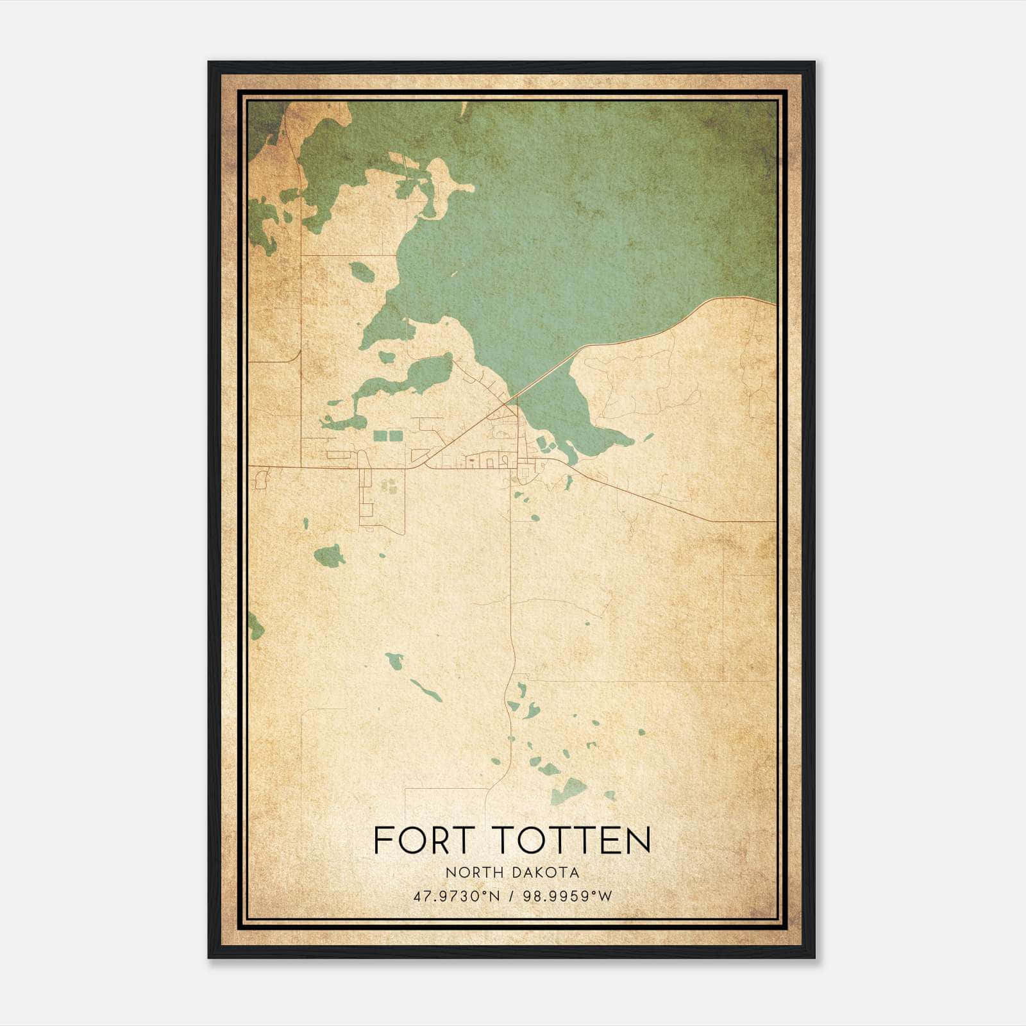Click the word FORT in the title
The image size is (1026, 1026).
[421, 841]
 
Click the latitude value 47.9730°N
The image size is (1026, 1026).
[457, 896]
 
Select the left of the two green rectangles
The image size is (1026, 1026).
[380, 436]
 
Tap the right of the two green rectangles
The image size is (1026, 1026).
[396, 436]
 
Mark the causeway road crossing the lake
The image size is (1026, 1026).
[545, 375]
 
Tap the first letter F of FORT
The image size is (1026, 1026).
[382, 841]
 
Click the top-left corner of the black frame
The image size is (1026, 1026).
[210, 63]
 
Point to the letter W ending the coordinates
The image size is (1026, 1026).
[605, 896]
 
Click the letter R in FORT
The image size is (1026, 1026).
[437, 841]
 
